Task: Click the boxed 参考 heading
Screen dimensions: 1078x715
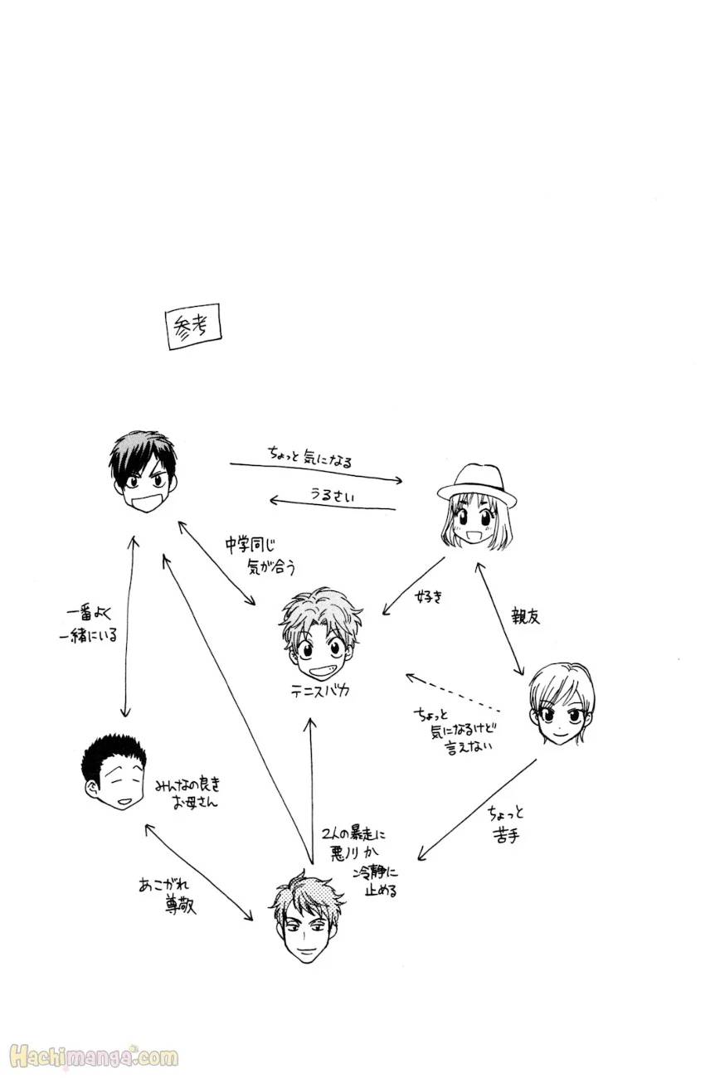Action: click(x=194, y=326)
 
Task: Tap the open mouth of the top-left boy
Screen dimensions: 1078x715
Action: click(x=144, y=500)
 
